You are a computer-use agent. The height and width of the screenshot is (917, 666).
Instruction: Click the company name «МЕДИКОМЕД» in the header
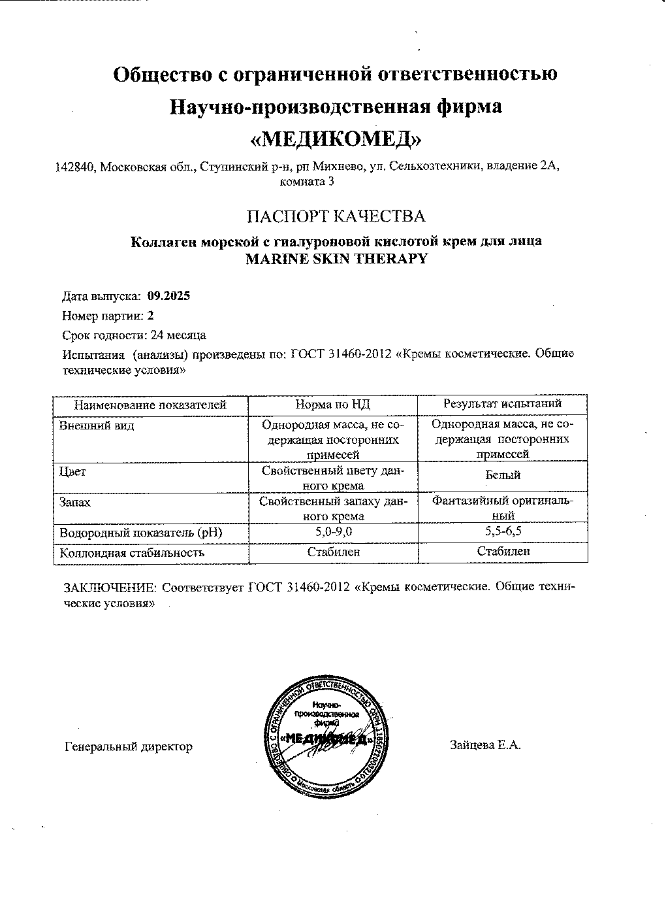(x=336, y=138)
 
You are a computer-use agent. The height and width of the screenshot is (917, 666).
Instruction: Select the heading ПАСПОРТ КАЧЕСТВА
(x=336, y=216)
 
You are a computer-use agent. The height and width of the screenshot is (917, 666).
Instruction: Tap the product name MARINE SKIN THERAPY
(x=336, y=258)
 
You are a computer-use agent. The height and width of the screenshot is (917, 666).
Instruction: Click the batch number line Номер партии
(x=108, y=316)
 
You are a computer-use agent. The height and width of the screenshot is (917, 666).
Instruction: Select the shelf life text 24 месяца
(x=178, y=335)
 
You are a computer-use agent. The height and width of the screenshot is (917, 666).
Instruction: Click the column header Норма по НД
(x=333, y=405)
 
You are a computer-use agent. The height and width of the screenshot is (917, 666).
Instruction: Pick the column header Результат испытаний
(x=502, y=405)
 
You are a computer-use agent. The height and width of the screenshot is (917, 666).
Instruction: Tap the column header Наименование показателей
(x=150, y=405)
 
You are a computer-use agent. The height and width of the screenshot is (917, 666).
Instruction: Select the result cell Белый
(x=502, y=476)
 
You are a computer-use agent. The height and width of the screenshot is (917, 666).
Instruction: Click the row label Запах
(x=75, y=502)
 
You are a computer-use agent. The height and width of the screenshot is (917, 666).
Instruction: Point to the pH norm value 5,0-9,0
(x=333, y=532)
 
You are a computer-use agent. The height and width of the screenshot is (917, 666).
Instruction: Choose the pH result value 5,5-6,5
(x=502, y=532)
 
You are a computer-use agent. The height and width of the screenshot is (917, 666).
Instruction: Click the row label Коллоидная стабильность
(x=132, y=552)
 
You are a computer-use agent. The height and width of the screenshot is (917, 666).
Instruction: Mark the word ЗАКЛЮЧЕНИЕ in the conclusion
(x=110, y=587)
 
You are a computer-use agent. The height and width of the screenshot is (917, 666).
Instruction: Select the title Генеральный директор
(x=129, y=746)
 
